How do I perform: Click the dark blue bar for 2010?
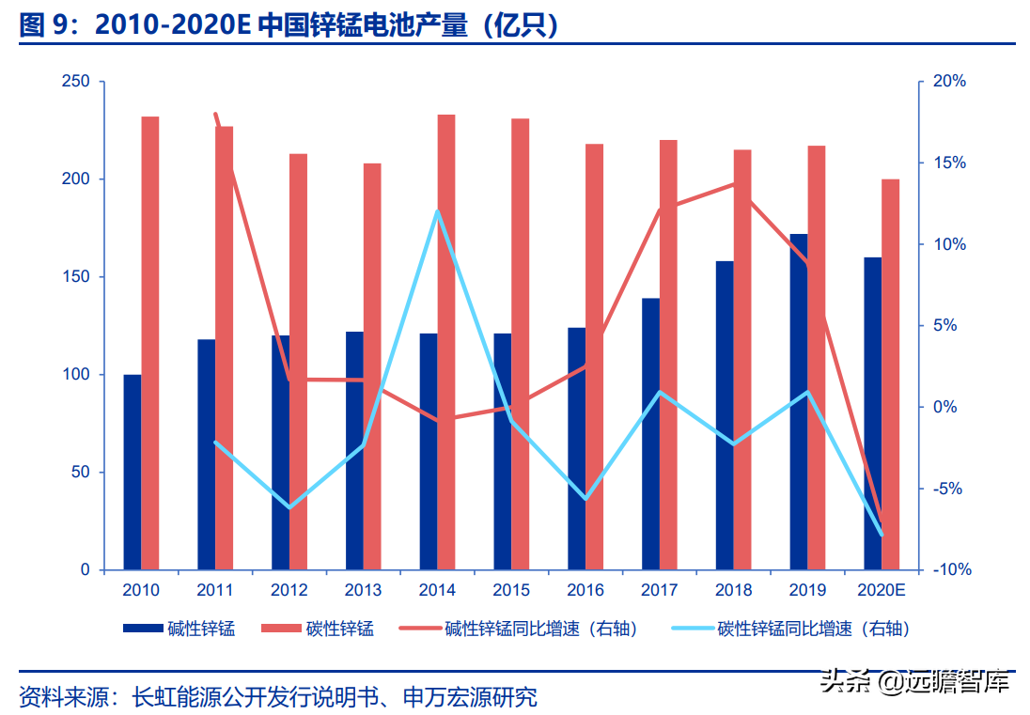click(133, 472)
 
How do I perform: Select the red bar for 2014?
click(446, 342)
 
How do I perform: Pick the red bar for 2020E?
click(890, 374)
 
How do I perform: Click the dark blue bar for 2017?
click(650, 434)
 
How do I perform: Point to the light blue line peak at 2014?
click(438, 211)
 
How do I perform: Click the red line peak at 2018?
click(733, 183)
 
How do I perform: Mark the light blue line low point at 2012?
click(289, 507)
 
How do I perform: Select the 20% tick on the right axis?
click(948, 82)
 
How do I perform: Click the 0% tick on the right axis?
click(948, 408)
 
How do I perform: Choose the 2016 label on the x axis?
click(585, 590)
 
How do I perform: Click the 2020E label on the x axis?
click(882, 590)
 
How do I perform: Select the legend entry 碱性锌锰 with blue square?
click(179, 629)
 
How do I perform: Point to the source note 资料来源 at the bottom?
click(278, 697)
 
